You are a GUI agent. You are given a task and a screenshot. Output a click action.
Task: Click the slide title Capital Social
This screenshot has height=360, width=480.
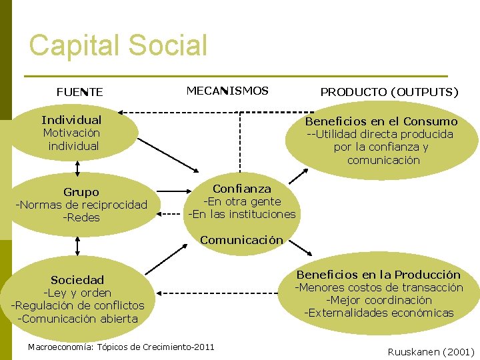tap(119, 45)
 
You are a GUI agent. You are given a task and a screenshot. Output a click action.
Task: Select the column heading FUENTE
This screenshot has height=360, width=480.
tap(79, 92)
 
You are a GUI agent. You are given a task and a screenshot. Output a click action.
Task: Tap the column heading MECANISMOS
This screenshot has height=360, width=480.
tap(227, 91)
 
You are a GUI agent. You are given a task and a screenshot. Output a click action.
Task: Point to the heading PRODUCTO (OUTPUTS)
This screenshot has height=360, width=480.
tap(389, 92)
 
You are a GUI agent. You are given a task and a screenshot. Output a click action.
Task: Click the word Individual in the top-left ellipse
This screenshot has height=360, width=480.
tap(71, 120)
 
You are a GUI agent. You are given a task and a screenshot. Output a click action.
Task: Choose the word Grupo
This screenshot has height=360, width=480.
tap(81, 192)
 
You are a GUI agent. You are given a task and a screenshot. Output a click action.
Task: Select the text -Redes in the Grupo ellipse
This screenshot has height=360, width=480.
tap(81, 217)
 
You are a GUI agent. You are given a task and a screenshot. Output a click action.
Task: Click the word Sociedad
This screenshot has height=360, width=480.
tap(77, 280)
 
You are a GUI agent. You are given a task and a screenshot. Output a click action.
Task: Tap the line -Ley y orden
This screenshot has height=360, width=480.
tap(77, 293)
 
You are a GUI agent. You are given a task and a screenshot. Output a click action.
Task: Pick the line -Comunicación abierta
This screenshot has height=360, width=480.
tap(77, 318)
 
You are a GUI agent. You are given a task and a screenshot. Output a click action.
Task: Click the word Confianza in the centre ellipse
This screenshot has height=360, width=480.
tap(242, 189)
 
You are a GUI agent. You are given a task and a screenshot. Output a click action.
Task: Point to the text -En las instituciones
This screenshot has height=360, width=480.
tap(242, 214)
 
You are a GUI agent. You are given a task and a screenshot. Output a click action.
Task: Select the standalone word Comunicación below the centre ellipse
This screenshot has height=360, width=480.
tap(241, 240)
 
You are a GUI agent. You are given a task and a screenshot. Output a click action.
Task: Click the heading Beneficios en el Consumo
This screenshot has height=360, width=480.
tap(381, 121)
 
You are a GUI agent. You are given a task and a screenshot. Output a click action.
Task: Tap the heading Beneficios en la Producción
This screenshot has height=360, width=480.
tap(378, 275)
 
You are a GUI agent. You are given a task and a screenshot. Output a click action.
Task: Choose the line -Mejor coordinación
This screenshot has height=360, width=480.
tap(379, 300)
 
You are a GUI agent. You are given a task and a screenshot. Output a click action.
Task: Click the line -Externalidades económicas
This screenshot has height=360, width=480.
tap(379, 313)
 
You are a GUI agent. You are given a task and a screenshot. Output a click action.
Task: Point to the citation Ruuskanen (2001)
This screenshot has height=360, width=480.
tap(431, 351)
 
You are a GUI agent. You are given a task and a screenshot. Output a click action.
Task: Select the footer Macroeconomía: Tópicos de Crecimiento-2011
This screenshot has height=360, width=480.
tap(121, 347)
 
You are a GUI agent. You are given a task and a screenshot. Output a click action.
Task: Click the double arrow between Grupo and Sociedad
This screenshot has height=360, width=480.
tap(78, 246)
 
